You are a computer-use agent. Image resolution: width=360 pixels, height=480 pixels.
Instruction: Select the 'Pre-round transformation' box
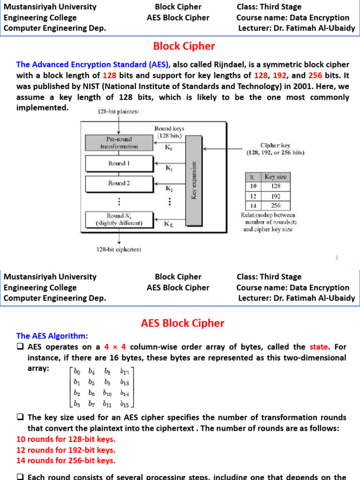(119, 142)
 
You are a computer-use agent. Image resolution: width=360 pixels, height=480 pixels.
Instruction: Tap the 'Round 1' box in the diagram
(119, 164)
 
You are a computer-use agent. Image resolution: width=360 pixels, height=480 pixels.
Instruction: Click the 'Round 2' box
(119, 183)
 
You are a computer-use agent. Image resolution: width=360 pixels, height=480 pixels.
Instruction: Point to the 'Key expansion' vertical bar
(194, 180)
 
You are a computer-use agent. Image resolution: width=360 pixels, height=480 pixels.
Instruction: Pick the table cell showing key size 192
(276, 196)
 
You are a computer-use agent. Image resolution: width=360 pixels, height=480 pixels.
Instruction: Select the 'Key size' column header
(276, 177)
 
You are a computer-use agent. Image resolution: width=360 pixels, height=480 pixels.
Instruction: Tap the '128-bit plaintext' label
(118, 111)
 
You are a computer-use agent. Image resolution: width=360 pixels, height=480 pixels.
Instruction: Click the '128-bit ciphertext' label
(119, 249)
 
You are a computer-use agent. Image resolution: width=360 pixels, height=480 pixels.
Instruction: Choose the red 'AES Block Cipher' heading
(183, 323)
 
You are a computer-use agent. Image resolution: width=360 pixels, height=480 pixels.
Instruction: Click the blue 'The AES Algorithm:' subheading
(52, 336)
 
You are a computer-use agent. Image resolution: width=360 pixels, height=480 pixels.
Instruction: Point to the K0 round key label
(167, 146)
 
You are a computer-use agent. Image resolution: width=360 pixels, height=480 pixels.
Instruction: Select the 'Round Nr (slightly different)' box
(119, 219)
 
